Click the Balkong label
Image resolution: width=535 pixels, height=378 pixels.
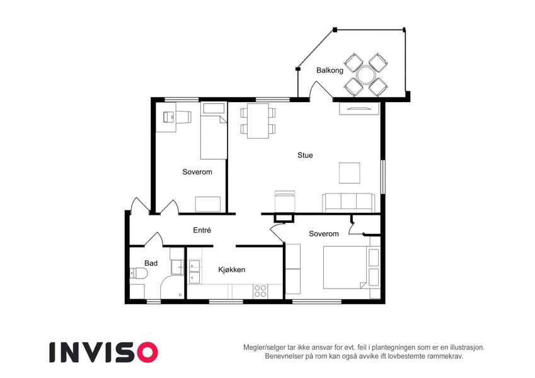[330, 71]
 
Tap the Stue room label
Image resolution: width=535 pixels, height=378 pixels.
[305, 155]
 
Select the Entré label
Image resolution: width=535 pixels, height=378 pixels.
[202, 231]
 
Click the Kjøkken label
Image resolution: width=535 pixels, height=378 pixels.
[232, 270]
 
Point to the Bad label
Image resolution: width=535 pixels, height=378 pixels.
[151, 263]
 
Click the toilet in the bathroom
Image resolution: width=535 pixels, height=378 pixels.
[139, 273]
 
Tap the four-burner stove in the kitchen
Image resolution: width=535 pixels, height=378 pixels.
[260, 291]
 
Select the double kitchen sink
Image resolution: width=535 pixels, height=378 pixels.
[195, 272]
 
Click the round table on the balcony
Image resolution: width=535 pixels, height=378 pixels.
[365, 75]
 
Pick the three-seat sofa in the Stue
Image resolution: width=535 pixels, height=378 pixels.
[348, 203]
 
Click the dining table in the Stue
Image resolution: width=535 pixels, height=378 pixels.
[258, 121]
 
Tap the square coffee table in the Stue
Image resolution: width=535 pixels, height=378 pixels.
[349, 173]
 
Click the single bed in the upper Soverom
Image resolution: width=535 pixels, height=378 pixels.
[214, 130]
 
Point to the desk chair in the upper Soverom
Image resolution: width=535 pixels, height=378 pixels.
[183, 117]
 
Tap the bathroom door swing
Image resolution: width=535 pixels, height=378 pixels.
[154, 239]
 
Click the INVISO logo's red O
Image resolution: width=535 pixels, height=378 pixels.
[147, 352]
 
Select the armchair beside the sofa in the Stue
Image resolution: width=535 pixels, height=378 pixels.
[285, 202]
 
